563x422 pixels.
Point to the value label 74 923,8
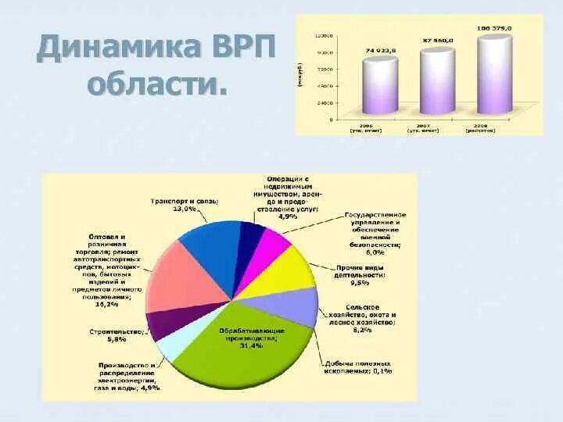click(380, 51)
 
